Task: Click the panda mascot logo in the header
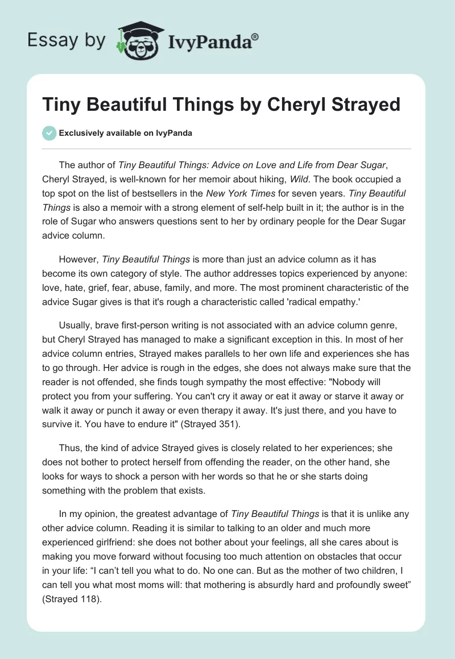pos(136,39)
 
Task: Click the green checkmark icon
pos(49,133)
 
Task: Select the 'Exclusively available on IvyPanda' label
pos(125,133)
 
